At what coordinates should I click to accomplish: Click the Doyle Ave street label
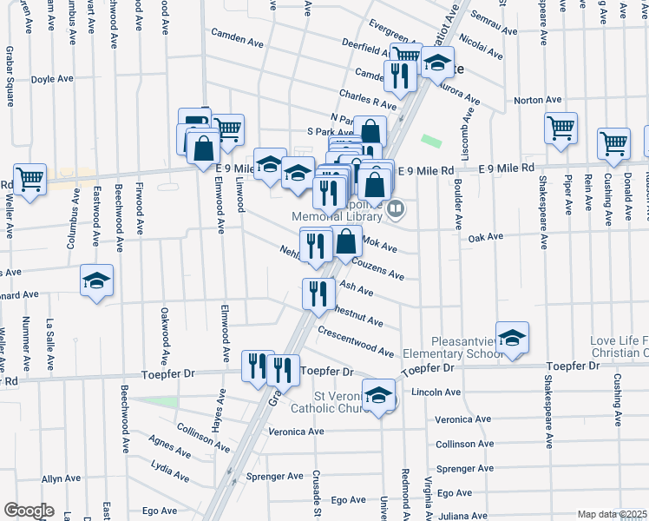pyautogui.click(x=52, y=79)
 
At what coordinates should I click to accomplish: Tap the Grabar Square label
pyautogui.click(x=10, y=82)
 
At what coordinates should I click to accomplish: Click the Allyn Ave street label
pyautogui.click(x=61, y=478)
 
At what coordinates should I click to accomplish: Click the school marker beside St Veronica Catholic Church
pyautogui.click(x=378, y=395)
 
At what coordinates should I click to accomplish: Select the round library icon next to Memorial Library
pyautogui.click(x=396, y=208)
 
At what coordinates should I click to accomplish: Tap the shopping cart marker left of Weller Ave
pyautogui.click(x=29, y=180)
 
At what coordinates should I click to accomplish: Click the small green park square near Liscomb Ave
pyautogui.click(x=430, y=140)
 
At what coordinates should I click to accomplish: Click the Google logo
pyautogui.click(x=29, y=511)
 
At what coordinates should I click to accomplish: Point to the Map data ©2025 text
pyautogui.click(x=611, y=514)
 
